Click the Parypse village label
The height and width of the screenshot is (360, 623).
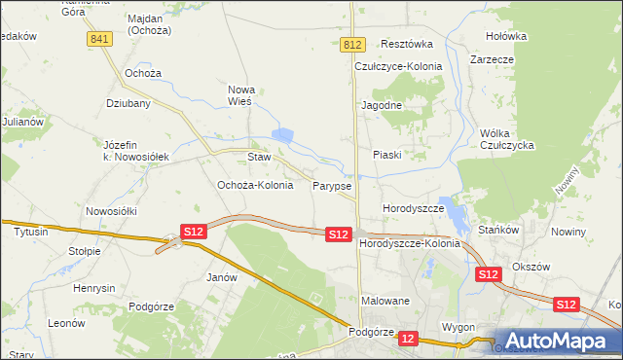(332, 185)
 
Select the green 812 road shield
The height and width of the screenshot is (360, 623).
(353, 46)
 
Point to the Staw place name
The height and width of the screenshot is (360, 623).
(258, 157)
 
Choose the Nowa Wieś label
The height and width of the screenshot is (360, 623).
(239, 94)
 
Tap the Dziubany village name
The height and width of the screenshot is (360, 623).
(128, 102)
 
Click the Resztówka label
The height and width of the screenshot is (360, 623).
(407, 45)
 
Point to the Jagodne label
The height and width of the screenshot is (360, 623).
(383, 104)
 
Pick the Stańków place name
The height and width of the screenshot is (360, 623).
(501, 231)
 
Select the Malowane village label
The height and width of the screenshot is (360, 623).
(384, 302)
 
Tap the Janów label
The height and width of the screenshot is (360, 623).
(223, 277)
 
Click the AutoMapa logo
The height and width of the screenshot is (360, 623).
(556, 341)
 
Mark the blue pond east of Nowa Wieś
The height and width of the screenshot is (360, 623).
(283, 137)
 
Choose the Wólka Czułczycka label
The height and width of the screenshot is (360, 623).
(509, 139)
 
